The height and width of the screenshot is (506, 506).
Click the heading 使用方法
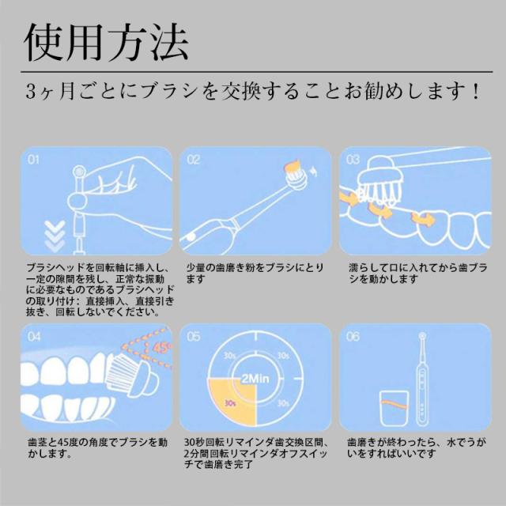point(106,42)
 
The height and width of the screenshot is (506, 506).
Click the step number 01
point(33,160)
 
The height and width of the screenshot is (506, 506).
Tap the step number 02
point(193,160)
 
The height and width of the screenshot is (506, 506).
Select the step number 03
point(353,160)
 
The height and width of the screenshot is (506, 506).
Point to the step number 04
point(34,337)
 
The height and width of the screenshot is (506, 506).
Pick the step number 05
point(193,337)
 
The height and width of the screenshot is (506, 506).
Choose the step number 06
point(353,337)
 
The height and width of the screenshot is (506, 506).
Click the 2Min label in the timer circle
point(255,378)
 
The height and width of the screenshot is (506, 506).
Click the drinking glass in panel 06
point(394,408)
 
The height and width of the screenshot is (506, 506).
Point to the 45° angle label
point(161,348)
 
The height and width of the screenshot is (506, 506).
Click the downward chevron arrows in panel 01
point(55,236)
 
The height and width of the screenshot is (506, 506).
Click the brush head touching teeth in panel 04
point(132,375)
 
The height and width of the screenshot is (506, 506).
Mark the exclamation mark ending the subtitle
point(476,92)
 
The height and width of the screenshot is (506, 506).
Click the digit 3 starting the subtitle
point(31,92)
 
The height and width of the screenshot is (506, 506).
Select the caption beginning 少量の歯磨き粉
point(255,274)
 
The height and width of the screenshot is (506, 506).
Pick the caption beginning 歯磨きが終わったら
point(417,448)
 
